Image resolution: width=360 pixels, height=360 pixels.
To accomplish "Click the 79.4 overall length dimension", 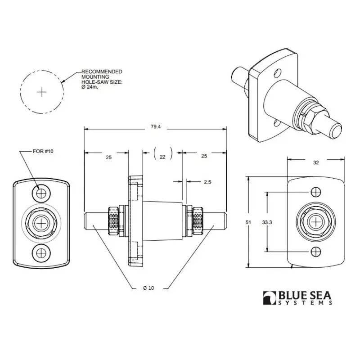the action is [155, 127].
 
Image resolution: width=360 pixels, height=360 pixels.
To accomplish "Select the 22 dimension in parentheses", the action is [162, 157].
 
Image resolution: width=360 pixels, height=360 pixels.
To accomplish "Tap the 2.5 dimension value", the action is [207, 182].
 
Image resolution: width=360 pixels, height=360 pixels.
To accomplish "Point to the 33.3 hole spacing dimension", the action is [267, 222].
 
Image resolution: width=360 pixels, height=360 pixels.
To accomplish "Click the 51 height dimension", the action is [248, 222].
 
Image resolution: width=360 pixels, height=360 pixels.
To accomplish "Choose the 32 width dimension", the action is [316, 162].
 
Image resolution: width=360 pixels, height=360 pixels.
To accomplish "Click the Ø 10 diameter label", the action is [148, 288].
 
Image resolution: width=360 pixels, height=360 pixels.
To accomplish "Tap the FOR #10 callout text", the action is [43, 151].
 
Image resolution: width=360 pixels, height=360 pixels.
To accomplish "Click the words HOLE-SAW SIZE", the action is [102, 82].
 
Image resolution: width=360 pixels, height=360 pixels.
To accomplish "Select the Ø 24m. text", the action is [90, 87].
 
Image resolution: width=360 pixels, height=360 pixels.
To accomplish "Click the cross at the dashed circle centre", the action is [42, 92].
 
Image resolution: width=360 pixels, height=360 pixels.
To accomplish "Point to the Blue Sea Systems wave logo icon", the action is [270, 298].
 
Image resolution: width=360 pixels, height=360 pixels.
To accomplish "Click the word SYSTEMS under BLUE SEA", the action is [305, 302].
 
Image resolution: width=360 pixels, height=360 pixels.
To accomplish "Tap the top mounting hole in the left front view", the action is [41, 193].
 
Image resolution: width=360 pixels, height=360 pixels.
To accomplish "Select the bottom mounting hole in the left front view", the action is [41, 253].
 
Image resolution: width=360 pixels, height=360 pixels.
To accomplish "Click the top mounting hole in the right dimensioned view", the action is [316, 192].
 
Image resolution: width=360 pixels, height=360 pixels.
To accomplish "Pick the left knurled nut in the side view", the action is [114, 221].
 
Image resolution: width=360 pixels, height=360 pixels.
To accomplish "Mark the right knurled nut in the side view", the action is [198, 221].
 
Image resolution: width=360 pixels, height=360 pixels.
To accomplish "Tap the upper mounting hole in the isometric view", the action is [277, 73].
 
